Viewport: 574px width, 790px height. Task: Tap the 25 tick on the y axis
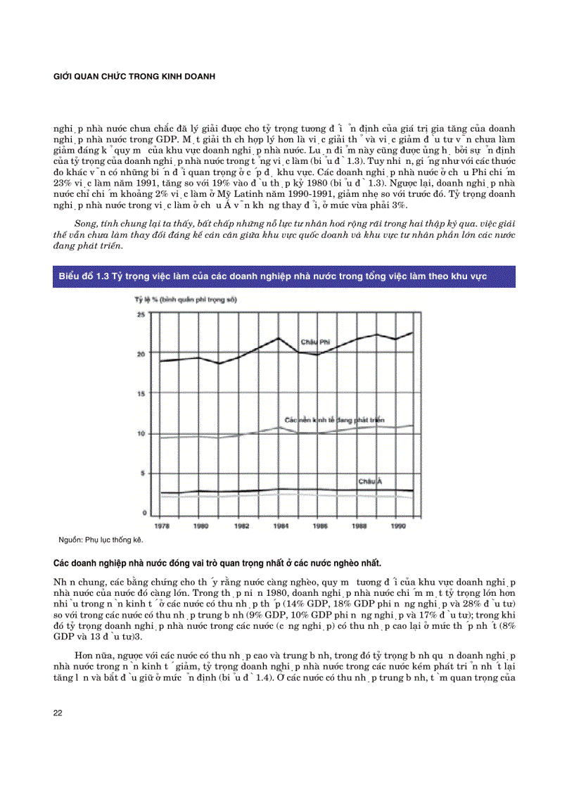point(140,314)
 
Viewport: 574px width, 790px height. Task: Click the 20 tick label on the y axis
point(140,354)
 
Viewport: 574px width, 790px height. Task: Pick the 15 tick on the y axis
point(140,393)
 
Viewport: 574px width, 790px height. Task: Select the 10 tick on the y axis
point(140,433)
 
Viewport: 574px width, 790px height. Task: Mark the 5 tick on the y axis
point(141,473)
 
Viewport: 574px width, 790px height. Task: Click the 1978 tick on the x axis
point(161,525)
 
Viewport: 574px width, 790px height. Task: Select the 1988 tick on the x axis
point(359,525)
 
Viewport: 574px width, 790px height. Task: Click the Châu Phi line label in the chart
point(316,341)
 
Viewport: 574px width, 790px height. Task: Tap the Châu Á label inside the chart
point(370,482)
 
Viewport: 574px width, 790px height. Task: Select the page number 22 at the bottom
point(58,713)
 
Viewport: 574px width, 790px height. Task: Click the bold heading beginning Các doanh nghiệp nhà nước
point(218,563)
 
